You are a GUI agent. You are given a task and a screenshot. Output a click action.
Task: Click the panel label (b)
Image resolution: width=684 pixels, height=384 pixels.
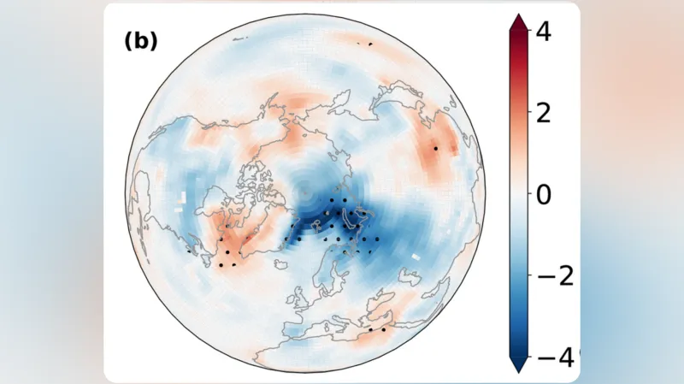click(141, 41)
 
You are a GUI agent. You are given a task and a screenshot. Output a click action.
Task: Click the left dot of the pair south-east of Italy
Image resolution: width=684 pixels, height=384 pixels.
click(370, 328)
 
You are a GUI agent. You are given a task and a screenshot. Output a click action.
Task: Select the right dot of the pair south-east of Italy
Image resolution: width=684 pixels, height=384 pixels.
click(383, 329)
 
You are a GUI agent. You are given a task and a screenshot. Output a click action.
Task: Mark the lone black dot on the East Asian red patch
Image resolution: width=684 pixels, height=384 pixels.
click(435, 148)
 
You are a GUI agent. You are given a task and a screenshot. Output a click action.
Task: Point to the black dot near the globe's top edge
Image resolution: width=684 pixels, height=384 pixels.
click(369, 44)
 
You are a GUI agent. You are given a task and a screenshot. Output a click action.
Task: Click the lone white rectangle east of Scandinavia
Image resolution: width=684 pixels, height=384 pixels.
click(416, 256)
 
